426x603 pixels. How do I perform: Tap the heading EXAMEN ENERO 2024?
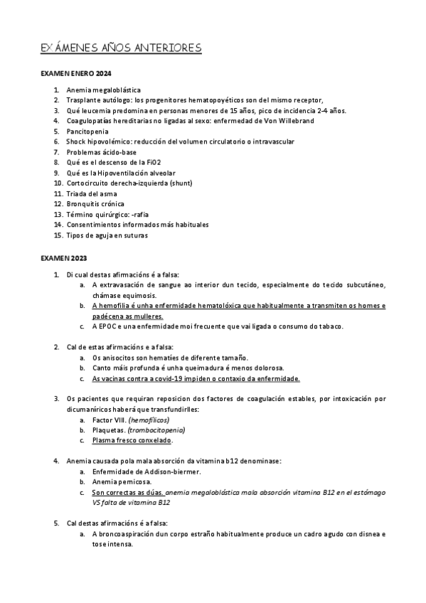coord(75,74)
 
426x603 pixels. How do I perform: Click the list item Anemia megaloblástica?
coord(103,90)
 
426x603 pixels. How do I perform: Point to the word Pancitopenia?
coord(87,132)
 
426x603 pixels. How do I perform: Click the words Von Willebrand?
coord(273,121)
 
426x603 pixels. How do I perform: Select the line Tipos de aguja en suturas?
coord(107,235)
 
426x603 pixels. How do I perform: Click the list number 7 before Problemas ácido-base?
coord(57,152)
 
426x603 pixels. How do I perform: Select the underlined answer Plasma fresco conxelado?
coord(132,440)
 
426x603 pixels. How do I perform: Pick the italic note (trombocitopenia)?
coord(156,430)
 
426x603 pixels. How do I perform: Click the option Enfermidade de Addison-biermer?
coord(146,471)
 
